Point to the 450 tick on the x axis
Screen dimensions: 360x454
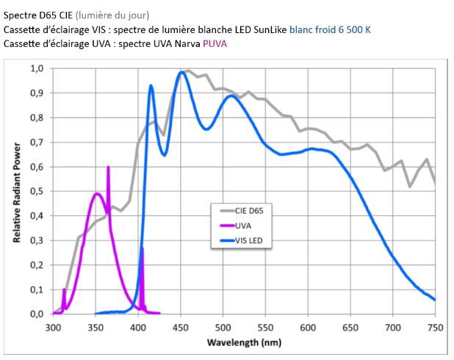(181, 327)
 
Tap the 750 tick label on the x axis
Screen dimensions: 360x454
(436, 327)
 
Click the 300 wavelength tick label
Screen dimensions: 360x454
(53, 327)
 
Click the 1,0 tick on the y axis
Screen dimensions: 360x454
(37, 68)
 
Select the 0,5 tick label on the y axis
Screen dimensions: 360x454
(37, 191)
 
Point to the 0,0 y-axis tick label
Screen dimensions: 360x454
(37, 314)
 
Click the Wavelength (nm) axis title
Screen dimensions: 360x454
(243, 342)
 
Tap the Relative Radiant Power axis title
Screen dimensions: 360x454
(16, 191)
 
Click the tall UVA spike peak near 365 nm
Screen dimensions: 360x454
(108, 168)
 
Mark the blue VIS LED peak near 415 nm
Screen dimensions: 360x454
(151, 86)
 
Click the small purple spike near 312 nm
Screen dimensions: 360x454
(64, 290)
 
